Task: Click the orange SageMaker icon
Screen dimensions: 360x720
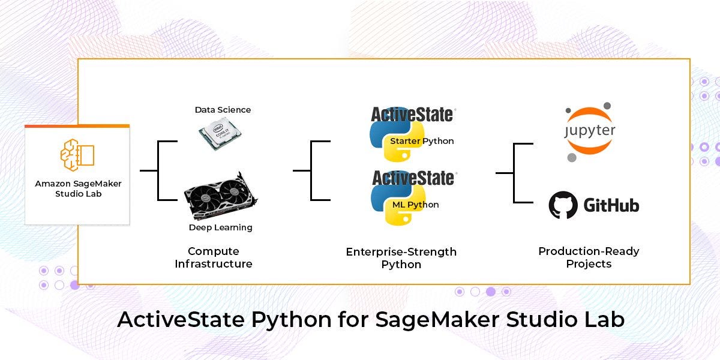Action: point(77,154)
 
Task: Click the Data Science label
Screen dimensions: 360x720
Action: point(223,110)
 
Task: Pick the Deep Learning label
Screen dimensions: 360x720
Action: point(220,227)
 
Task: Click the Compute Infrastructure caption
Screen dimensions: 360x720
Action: point(214,257)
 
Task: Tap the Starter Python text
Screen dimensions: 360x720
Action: point(422,141)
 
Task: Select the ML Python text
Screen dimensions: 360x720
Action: point(415,205)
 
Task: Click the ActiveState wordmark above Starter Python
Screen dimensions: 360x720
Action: point(413,114)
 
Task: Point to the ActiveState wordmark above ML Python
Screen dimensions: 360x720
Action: point(413,178)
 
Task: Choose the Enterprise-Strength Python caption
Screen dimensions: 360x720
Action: point(401,258)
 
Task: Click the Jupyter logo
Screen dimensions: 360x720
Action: point(590,131)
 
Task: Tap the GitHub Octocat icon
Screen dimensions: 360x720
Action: point(563,206)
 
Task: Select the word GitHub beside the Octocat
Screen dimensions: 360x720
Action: point(611,206)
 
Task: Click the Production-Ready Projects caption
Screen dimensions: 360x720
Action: point(589,257)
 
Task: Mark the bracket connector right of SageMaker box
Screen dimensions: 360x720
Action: point(158,170)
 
